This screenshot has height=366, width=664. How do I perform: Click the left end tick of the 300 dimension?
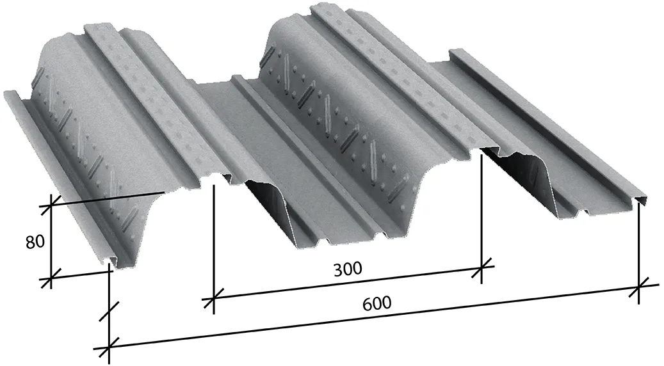(213, 298)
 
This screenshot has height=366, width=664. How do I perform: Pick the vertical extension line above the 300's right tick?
(482, 211)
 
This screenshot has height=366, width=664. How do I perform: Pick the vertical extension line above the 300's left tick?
(213, 243)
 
